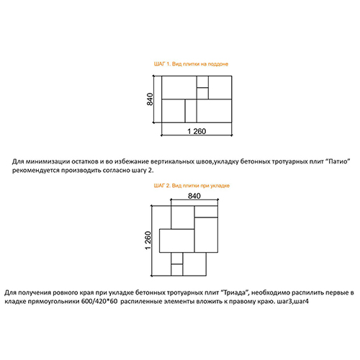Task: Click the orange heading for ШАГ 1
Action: click(191, 64)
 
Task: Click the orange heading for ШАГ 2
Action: click(192, 186)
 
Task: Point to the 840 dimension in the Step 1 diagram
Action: click(150, 99)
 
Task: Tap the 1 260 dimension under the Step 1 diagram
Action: click(197, 131)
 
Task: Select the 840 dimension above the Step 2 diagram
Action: click(194, 196)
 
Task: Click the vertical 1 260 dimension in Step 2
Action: click(148, 240)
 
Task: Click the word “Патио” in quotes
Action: click(338, 161)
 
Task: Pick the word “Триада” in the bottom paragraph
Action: click(234, 292)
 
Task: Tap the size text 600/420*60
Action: click(99, 302)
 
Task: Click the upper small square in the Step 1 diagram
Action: click(202, 82)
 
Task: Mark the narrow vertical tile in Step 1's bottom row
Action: click(191, 111)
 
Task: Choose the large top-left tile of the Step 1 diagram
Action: click(179, 88)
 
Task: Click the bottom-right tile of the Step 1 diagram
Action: click(215, 111)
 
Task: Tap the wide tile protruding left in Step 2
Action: click(177, 240)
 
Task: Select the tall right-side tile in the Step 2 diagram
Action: click(206, 235)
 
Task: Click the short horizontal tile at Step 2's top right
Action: click(206, 212)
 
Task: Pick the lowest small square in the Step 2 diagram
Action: click(177, 270)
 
